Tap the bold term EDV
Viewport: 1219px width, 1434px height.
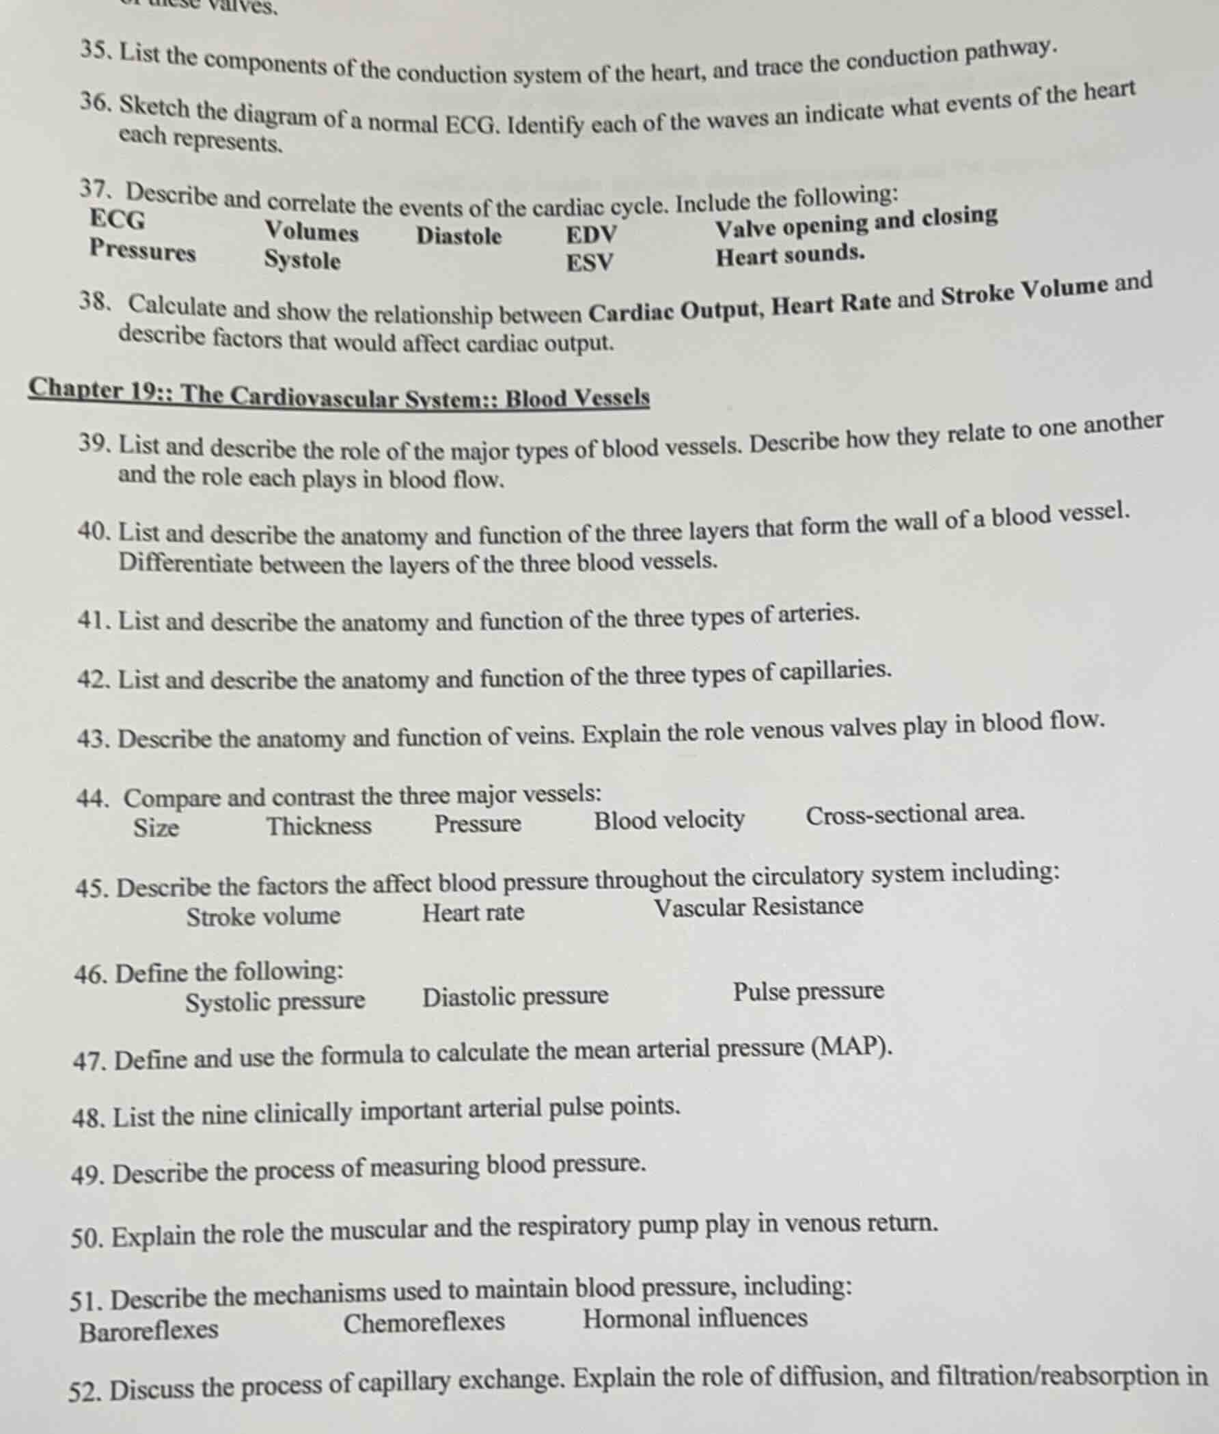tap(592, 235)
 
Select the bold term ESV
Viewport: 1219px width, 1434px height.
tap(590, 262)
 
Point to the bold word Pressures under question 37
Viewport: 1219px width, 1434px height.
tap(142, 250)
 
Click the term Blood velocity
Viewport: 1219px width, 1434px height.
tap(669, 820)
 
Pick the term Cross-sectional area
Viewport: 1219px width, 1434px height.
tap(915, 814)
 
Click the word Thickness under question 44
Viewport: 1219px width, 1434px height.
tap(319, 826)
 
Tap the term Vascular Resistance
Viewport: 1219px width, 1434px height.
tap(758, 906)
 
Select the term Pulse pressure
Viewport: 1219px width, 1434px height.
tap(808, 991)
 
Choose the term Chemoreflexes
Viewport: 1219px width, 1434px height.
tap(424, 1322)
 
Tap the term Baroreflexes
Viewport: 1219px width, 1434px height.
tap(148, 1330)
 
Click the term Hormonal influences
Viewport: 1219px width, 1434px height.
tap(695, 1318)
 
